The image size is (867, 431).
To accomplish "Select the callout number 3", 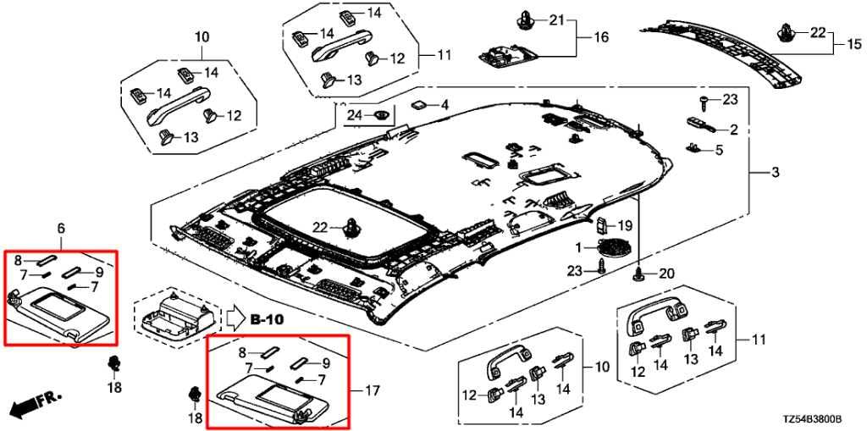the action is (776, 173).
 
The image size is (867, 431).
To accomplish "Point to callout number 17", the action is (373, 392).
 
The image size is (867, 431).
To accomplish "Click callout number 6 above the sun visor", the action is (61, 228).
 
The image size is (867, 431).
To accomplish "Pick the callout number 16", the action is (601, 37).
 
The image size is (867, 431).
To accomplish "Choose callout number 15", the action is (854, 44).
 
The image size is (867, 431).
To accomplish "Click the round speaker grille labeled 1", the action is (610, 248).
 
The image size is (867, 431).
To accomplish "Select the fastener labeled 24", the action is (381, 115).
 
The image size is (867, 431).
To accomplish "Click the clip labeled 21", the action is (523, 21).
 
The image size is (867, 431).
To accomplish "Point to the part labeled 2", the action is (700, 124).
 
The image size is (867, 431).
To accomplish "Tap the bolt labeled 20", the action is (640, 274).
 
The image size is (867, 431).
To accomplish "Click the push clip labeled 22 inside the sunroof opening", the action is (351, 228).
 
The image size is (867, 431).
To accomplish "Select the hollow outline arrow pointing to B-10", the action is (236, 319).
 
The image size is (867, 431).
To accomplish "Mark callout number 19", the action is (624, 225).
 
